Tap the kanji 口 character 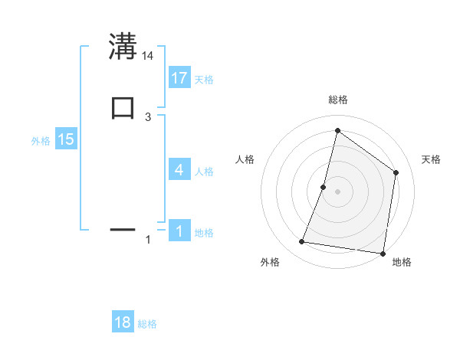pos(123,107)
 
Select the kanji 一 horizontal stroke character pos(123,228)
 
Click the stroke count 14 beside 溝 pos(148,55)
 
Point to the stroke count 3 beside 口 pos(148,116)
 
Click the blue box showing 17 pos(179,77)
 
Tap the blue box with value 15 pos(65,139)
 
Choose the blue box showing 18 pos(123,322)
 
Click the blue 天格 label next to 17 pos(204,80)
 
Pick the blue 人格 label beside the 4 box pos(204,172)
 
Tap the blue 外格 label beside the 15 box pos(41,141)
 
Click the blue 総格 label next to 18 pos(148,325)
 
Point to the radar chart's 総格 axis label pos(337,100)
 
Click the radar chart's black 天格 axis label pos(431,159)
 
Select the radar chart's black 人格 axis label pos(245,159)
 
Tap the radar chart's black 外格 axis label pos(270,263)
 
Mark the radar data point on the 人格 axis pos(324,186)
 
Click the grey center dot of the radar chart pos(337,191)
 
